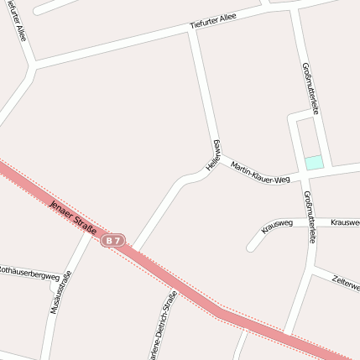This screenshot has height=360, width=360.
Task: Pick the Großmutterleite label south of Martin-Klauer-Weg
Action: [309, 217]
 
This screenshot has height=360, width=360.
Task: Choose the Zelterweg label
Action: [346, 282]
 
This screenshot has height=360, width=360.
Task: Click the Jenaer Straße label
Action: [73, 217]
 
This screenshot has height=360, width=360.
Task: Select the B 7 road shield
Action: [115, 241]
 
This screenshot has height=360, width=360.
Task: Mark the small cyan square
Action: [313, 162]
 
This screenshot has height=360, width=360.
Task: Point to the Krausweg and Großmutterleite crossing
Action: [305, 223]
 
